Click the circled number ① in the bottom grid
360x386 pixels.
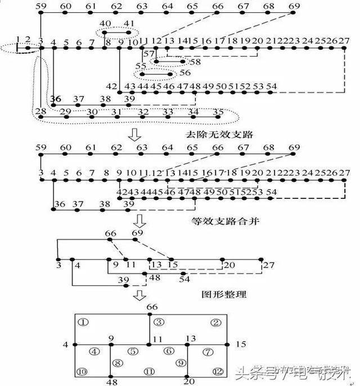(83, 322)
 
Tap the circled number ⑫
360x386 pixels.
(218, 371)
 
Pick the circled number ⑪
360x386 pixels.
(149, 371)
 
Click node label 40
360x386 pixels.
(105, 24)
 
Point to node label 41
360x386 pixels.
(129, 24)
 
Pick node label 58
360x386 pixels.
(195, 62)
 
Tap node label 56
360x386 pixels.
(184, 73)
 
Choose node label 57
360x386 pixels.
(148, 53)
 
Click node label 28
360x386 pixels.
(40, 112)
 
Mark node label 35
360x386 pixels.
(218, 112)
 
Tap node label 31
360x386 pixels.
(116, 112)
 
